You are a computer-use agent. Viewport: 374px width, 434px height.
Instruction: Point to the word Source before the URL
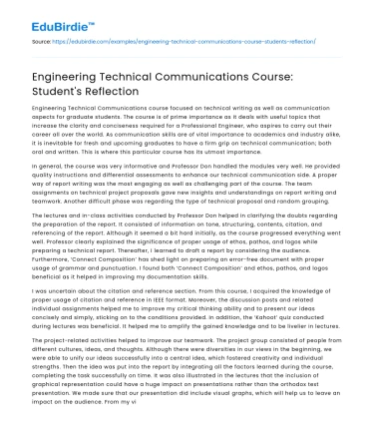pyautogui.click(x=43, y=44)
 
